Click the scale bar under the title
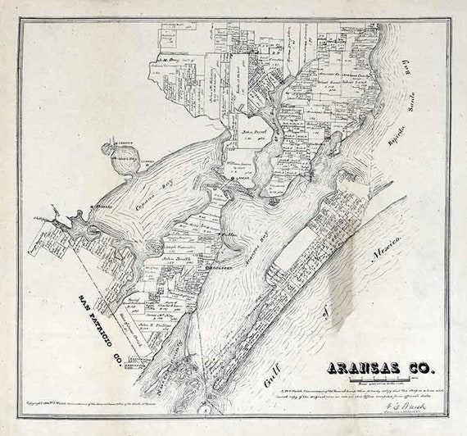click(380, 380)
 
